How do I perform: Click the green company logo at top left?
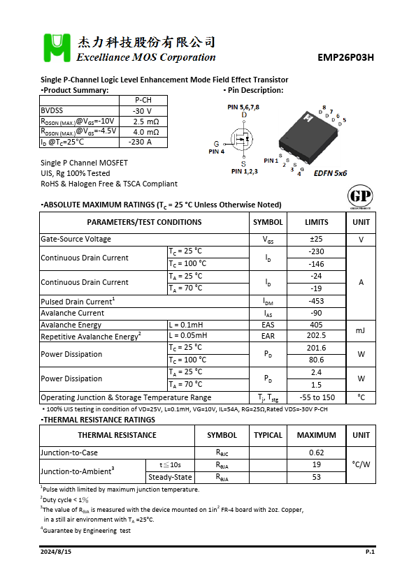tap(57, 47)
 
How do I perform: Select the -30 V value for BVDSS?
tap(142, 110)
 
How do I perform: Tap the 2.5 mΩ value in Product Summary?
tap(145, 121)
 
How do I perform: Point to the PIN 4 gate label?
tap(216, 151)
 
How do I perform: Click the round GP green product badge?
tap(359, 196)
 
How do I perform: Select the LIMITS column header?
tap(316, 222)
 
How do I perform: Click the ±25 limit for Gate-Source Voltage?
tap(316, 239)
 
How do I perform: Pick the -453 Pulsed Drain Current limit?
tap(316, 301)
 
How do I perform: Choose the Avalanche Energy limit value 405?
tap(316, 325)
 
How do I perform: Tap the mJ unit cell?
tap(361, 330)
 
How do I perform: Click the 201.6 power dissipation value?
tap(316, 347)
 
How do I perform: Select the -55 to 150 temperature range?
tap(316, 397)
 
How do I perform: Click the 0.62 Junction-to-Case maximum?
tap(316, 452)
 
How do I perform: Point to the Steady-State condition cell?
tap(170, 477)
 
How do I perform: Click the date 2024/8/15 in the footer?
tap(55, 552)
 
